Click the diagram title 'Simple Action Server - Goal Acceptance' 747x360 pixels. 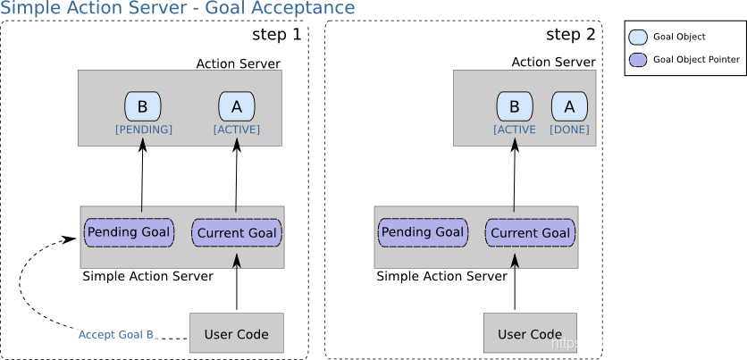click(178, 9)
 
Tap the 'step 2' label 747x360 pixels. click(570, 35)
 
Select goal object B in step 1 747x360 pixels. click(142, 107)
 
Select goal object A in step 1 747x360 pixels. click(237, 107)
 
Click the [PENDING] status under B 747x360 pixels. click(143, 130)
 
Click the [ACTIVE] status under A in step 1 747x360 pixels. click(237, 130)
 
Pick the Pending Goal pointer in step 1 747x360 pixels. click(129, 232)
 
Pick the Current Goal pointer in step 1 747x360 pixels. click(237, 233)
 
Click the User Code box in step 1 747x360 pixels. click(237, 334)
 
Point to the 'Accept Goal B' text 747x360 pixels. click(116, 335)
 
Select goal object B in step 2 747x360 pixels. click(514, 107)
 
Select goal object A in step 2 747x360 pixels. click(569, 107)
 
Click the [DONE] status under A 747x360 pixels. click(569, 130)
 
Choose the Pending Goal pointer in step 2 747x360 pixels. click(423, 232)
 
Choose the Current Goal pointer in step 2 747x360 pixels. click(530, 233)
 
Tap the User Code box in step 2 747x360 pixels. click(530, 334)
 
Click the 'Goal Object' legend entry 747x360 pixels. click(679, 37)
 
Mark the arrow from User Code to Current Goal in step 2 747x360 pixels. click(515, 284)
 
